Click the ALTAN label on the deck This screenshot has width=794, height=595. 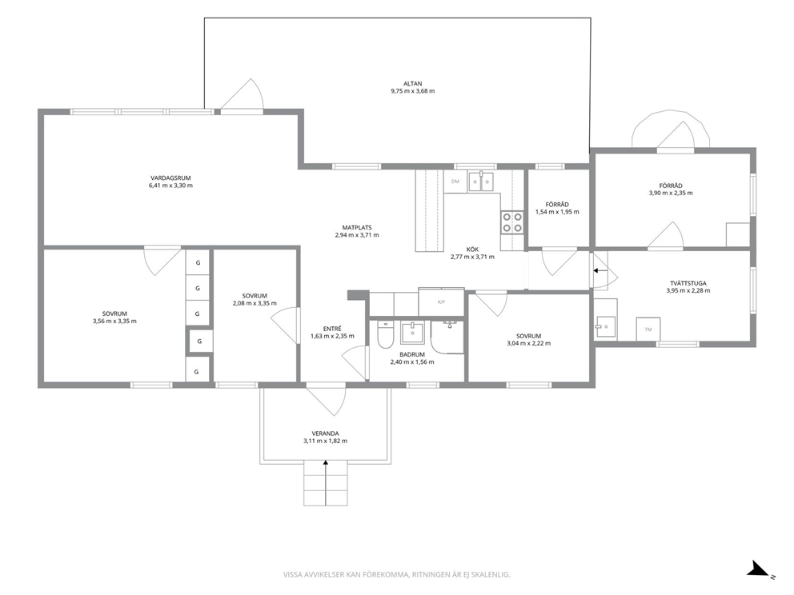[413, 83]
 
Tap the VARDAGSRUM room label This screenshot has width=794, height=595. [170, 178]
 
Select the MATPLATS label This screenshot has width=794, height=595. [357, 228]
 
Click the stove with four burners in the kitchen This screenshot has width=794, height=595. [512, 222]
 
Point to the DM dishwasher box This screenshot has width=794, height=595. [455, 181]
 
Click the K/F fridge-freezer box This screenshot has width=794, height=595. [441, 302]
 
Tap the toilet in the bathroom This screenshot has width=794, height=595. [385, 335]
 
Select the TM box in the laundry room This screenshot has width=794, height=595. [648, 329]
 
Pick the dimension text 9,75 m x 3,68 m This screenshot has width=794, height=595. [413, 91]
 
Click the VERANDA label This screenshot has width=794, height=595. [326, 433]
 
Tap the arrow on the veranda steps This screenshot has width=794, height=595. [326, 483]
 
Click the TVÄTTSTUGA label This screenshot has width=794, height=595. [688, 283]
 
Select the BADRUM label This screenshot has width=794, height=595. [412, 354]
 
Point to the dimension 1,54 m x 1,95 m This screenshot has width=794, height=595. [558, 212]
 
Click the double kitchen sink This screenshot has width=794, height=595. [481, 181]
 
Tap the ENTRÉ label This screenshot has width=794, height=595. [332, 329]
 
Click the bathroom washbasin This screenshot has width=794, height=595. [414, 333]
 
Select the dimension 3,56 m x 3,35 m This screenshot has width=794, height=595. [114, 321]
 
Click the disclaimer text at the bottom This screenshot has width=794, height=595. [396, 575]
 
